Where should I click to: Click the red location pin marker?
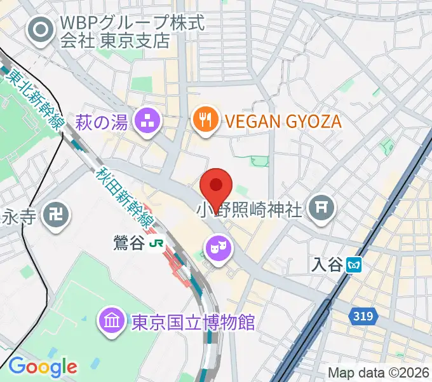coord(216,187)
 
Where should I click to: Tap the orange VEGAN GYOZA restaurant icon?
coord(205,120)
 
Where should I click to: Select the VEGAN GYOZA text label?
coord(283,121)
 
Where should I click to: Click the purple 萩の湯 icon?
coord(149,120)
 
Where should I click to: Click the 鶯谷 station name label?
coord(129,244)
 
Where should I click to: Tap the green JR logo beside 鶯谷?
coord(156,244)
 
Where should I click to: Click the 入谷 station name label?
coord(328,265)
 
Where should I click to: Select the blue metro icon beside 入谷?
coord(355,265)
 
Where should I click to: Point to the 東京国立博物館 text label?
coord(193,322)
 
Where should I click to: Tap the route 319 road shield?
coord(363,314)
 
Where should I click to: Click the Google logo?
coord(43,366)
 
